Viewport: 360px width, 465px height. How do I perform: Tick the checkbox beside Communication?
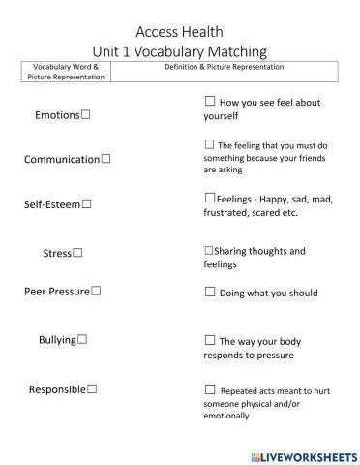[105, 158]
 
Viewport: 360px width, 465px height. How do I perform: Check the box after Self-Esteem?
[87, 204]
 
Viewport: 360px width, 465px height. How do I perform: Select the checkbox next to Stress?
[77, 253]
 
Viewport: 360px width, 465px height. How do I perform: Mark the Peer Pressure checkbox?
[96, 290]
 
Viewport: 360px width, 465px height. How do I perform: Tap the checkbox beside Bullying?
[83, 339]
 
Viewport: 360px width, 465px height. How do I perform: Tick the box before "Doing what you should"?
[209, 291]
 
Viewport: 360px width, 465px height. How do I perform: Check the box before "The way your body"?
[209, 340]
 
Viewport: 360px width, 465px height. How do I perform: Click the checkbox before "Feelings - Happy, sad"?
[209, 198]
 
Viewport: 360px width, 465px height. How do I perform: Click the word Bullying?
[57, 340]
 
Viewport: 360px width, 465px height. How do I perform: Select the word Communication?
[62, 159]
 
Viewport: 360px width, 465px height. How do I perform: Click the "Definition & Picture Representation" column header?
[225, 68]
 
